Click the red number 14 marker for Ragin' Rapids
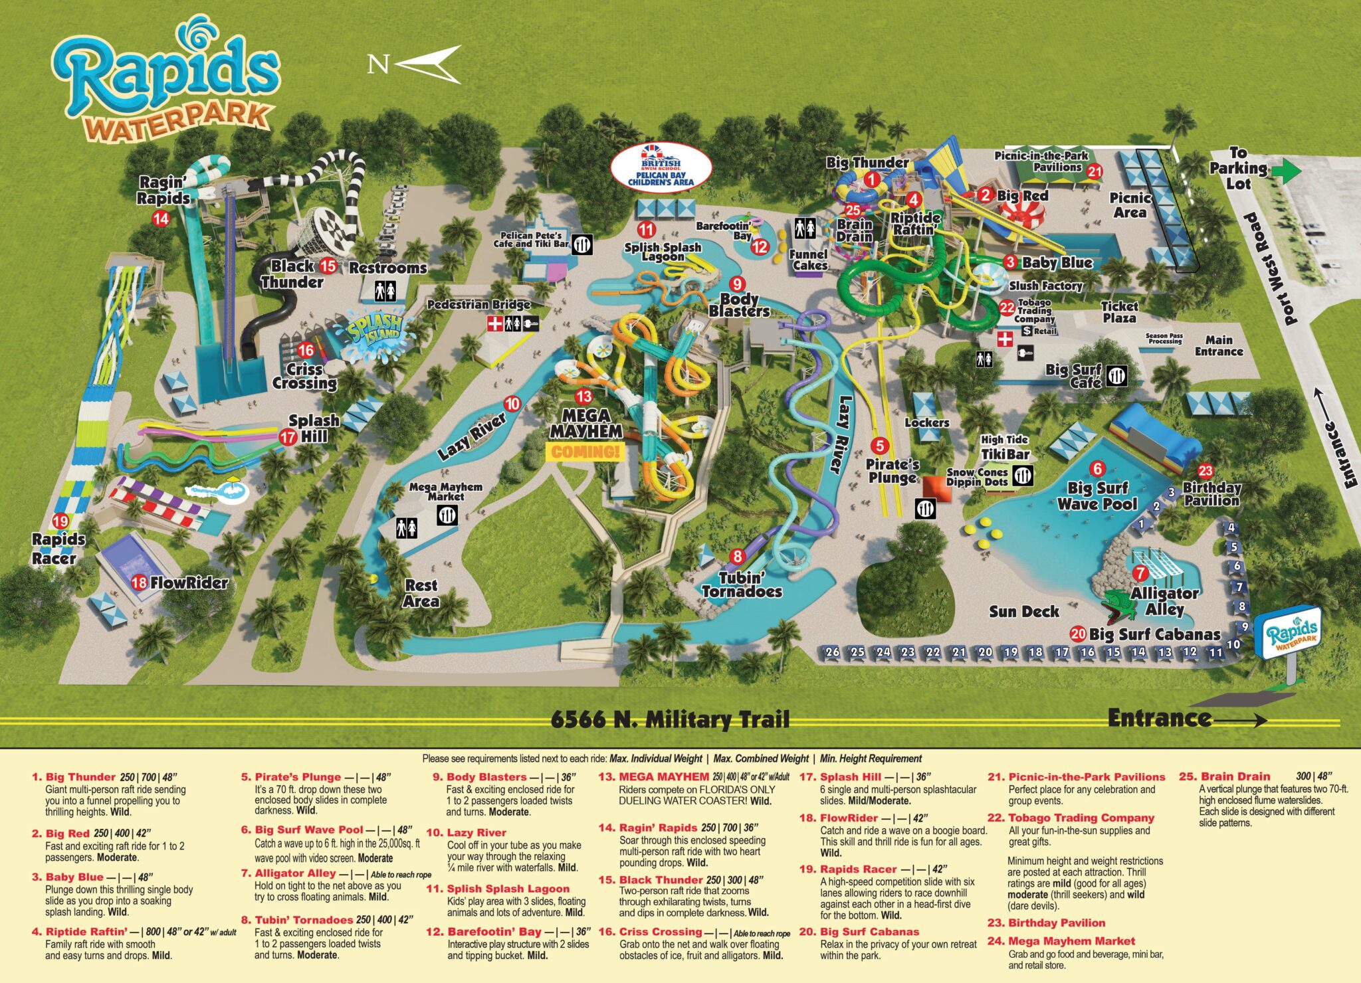pyautogui.click(x=161, y=218)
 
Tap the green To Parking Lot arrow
pyautogui.click(x=1287, y=171)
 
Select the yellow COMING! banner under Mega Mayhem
pyautogui.click(x=585, y=452)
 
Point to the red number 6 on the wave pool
pyautogui.click(x=1097, y=469)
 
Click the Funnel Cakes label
pyautogui.click(x=809, y=260)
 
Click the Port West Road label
pyautogui.click(x=1270, y=269)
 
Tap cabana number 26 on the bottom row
pyautogui.click(x=832, y=652)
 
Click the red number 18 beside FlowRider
pyautogui.click(x=139, y=582)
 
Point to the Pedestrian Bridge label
pyautogui.click(x=478, y=305)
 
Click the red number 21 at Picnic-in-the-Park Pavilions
pyautogui.click(x=1095, y=171)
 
